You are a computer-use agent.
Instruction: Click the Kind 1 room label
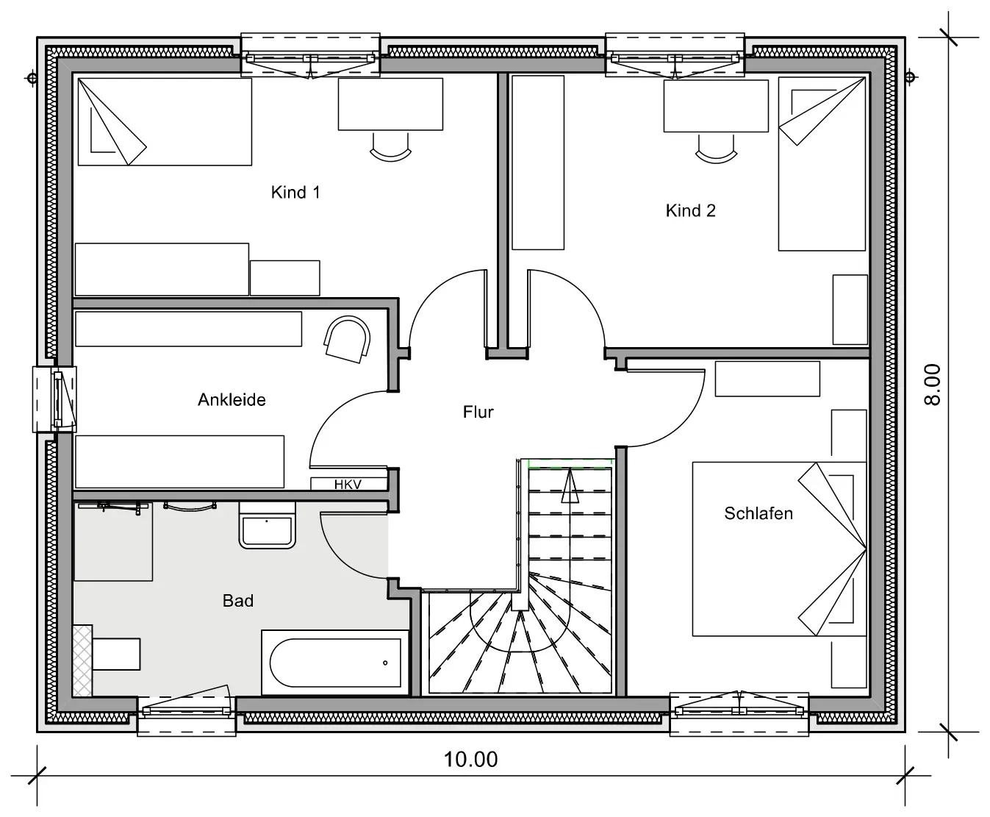coord(295,192)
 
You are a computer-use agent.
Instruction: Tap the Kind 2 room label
coord(690,210)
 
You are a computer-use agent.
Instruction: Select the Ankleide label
coord(232,399)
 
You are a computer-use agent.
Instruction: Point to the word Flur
coord(478,412)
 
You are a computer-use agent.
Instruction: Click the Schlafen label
coord(758,513)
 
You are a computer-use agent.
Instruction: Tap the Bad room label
coord(238,601)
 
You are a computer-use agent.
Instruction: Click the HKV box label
coord(348,485)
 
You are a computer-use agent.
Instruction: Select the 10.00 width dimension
coord(470,759)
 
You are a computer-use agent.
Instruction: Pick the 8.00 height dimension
coord(932,385)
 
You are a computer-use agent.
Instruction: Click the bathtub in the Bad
coord(334,663)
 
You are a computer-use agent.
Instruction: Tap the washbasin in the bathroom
coord(267,526)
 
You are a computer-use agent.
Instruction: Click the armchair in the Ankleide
coord(348,340)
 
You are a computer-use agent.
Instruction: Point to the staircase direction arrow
coord(570,485)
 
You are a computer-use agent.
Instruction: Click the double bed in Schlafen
coord(780,549)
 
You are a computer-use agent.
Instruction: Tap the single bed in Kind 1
coord(165,122)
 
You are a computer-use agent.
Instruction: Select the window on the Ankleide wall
coord(54,399)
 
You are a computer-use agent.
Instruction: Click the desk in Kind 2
coord(716,106)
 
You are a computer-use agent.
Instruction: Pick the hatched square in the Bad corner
coord(82,660)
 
